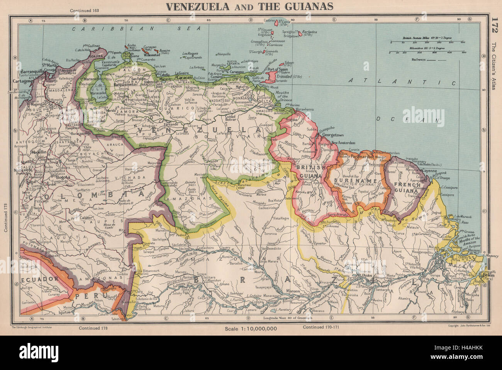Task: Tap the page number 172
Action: pos(496,27)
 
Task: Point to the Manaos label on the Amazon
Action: pos(294,291)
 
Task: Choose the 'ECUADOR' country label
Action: pos(34,278)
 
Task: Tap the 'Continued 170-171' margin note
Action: pos(319,327)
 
